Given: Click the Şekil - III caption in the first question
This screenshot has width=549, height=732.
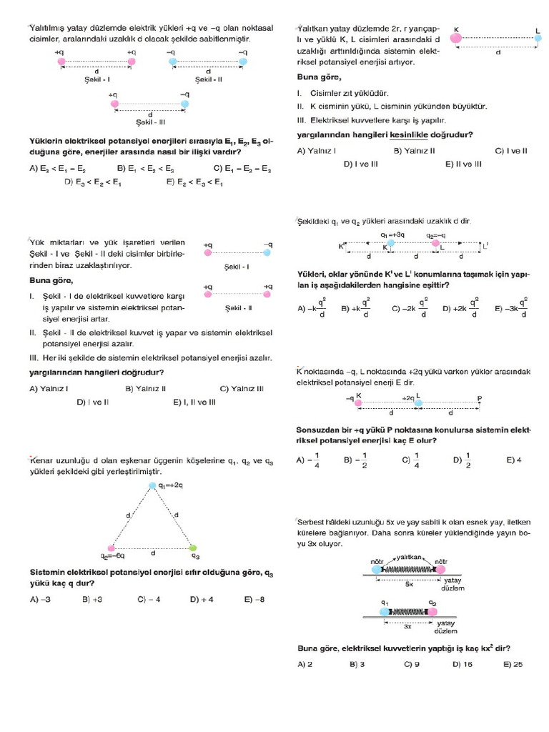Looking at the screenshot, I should coord(149,122).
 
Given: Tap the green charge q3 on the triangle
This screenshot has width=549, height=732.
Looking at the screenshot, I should coord(193,548).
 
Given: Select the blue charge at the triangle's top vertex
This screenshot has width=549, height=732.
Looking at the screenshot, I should coord(152,486).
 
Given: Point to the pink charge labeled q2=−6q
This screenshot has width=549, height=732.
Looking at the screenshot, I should coord(110,548).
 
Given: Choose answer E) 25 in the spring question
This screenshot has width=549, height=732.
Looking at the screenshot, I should coord(513,664).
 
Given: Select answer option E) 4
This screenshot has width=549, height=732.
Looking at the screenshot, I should coord(513,460).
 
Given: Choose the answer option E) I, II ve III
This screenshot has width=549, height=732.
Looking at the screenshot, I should coord(194,402).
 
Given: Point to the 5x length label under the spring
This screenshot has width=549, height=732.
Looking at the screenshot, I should coord(409,584).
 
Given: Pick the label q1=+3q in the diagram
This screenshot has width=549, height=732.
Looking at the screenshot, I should coord(392,234).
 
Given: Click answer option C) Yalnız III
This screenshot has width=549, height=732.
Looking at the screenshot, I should coord(242,389).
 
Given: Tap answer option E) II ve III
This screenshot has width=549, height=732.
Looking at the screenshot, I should coord(463,164).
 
